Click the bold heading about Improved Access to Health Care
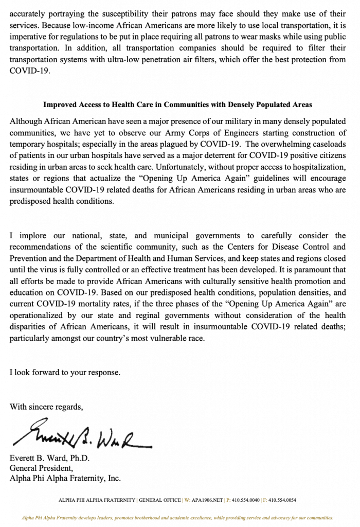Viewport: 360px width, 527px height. (x=177, y=104)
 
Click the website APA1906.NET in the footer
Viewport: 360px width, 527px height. (x=205, y=500)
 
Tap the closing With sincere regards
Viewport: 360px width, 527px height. (x=46, y=407)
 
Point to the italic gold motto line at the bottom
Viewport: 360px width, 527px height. (x=177, y=517)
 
